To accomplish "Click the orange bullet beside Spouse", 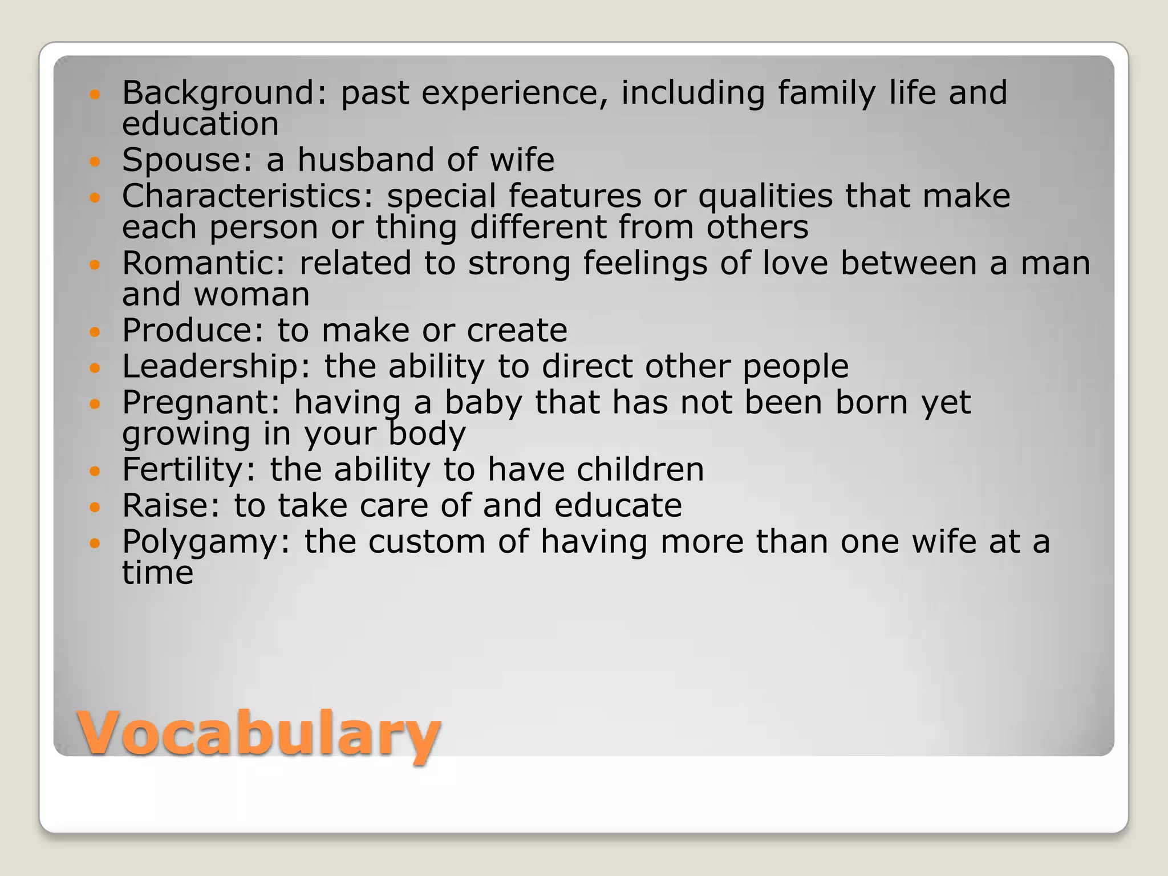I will [x=95, y=161].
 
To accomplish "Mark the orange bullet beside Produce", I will [x=95, y=332].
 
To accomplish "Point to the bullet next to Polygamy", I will [x=95, y=544].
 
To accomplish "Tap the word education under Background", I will [x=200, y=124].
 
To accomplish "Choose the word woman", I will [x=252, y=295].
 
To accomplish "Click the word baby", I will [x=483, y=403].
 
